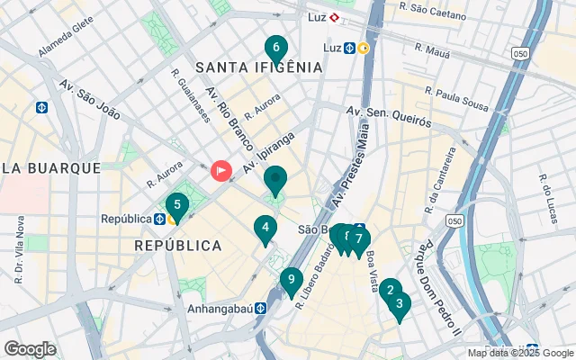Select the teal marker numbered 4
[265, 229]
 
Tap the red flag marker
[220, 170]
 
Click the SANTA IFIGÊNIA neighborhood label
[258, 67]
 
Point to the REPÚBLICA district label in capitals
[177, 245]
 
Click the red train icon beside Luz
[334, 16]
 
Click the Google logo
[30, 348]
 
